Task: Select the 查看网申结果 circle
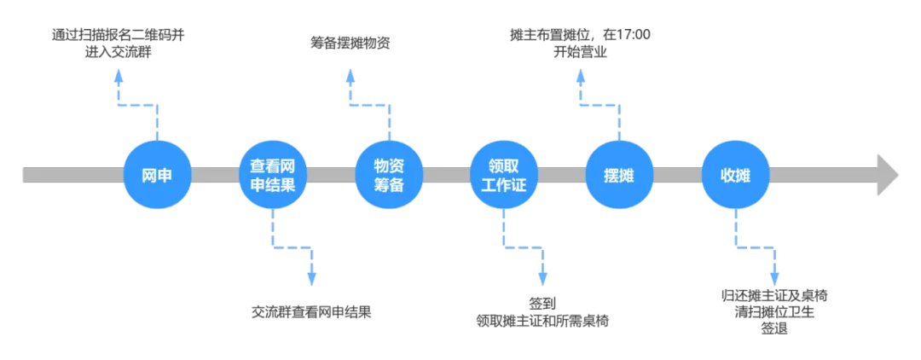point(272,175)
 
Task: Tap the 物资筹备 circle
point(388,175)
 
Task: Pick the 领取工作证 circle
point(504,175)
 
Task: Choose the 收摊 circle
point(736,175)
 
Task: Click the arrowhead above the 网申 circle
point(119,78)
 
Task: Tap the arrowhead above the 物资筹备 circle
point(350,78)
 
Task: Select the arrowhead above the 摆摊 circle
point(581,78)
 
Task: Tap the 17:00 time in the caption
point(637,35)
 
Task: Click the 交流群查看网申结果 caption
point(311,311)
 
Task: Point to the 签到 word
point(544,305)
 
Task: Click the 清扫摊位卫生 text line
point(775,311)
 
